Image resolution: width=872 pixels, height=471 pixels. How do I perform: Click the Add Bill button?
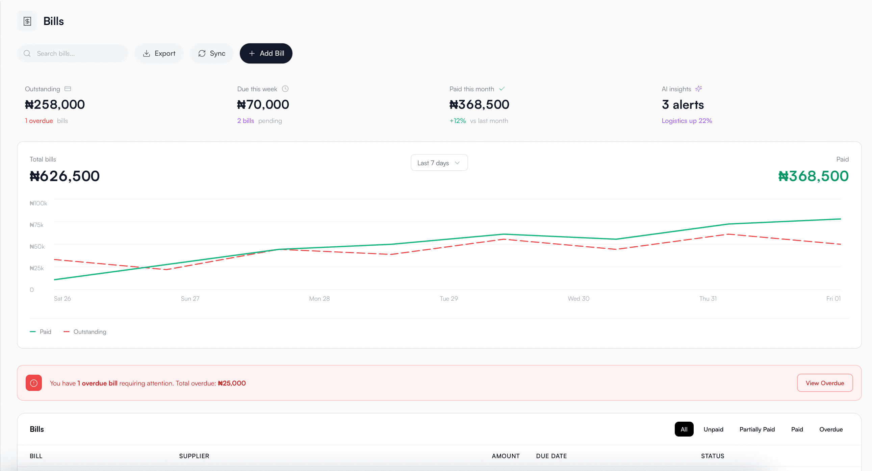pyautogui.click(x=266, y=53)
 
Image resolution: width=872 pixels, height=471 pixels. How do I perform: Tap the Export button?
pyautogui.click(x=159, y=53)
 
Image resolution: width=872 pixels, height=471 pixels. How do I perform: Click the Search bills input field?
pyautogui.click(x=78, y=53)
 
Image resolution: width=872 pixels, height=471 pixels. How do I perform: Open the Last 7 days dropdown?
pyautogui.click(x=439, y=163)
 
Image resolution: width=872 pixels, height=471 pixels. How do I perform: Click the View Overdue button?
pyautogui.click(x=825, y=383)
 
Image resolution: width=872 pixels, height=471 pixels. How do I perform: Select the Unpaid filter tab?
pyautogui.click(x=713, y=429)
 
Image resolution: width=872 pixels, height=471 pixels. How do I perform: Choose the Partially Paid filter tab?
pyautogui.click(x=757, y=429)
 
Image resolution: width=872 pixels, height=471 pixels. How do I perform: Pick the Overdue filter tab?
pyautogui.click(x=831, y=429)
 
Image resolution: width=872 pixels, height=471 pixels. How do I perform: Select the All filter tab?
pyautogui.click(x=684, y=429)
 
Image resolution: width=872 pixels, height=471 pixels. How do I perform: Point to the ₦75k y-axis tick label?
pyautogui.click(x=36, y=225)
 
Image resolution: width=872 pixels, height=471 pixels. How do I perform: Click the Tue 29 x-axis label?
pyautogui.click(x=448, y=299)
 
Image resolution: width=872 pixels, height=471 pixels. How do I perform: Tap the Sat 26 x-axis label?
pyautogui.click(x=62, y=299)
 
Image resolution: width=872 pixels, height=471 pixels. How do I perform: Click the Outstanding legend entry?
pyautogui.click(x=85, y=332)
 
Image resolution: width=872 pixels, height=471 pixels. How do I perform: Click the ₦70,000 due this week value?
pyautogui.click(x=263, y=105)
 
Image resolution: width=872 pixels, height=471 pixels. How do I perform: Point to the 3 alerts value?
pyautogui.click(x=683, y=105)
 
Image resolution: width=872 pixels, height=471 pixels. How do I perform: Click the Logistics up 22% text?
pyautogui.click(x=687, y=121)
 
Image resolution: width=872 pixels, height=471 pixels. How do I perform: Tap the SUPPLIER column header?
pyautogui.click(x=194, y=456)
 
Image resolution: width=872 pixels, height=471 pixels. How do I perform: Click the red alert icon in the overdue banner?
pyautogui.click(x=34, y=383)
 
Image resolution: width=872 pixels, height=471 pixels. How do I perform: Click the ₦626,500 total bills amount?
pyautogui.click(x=65, y=176)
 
